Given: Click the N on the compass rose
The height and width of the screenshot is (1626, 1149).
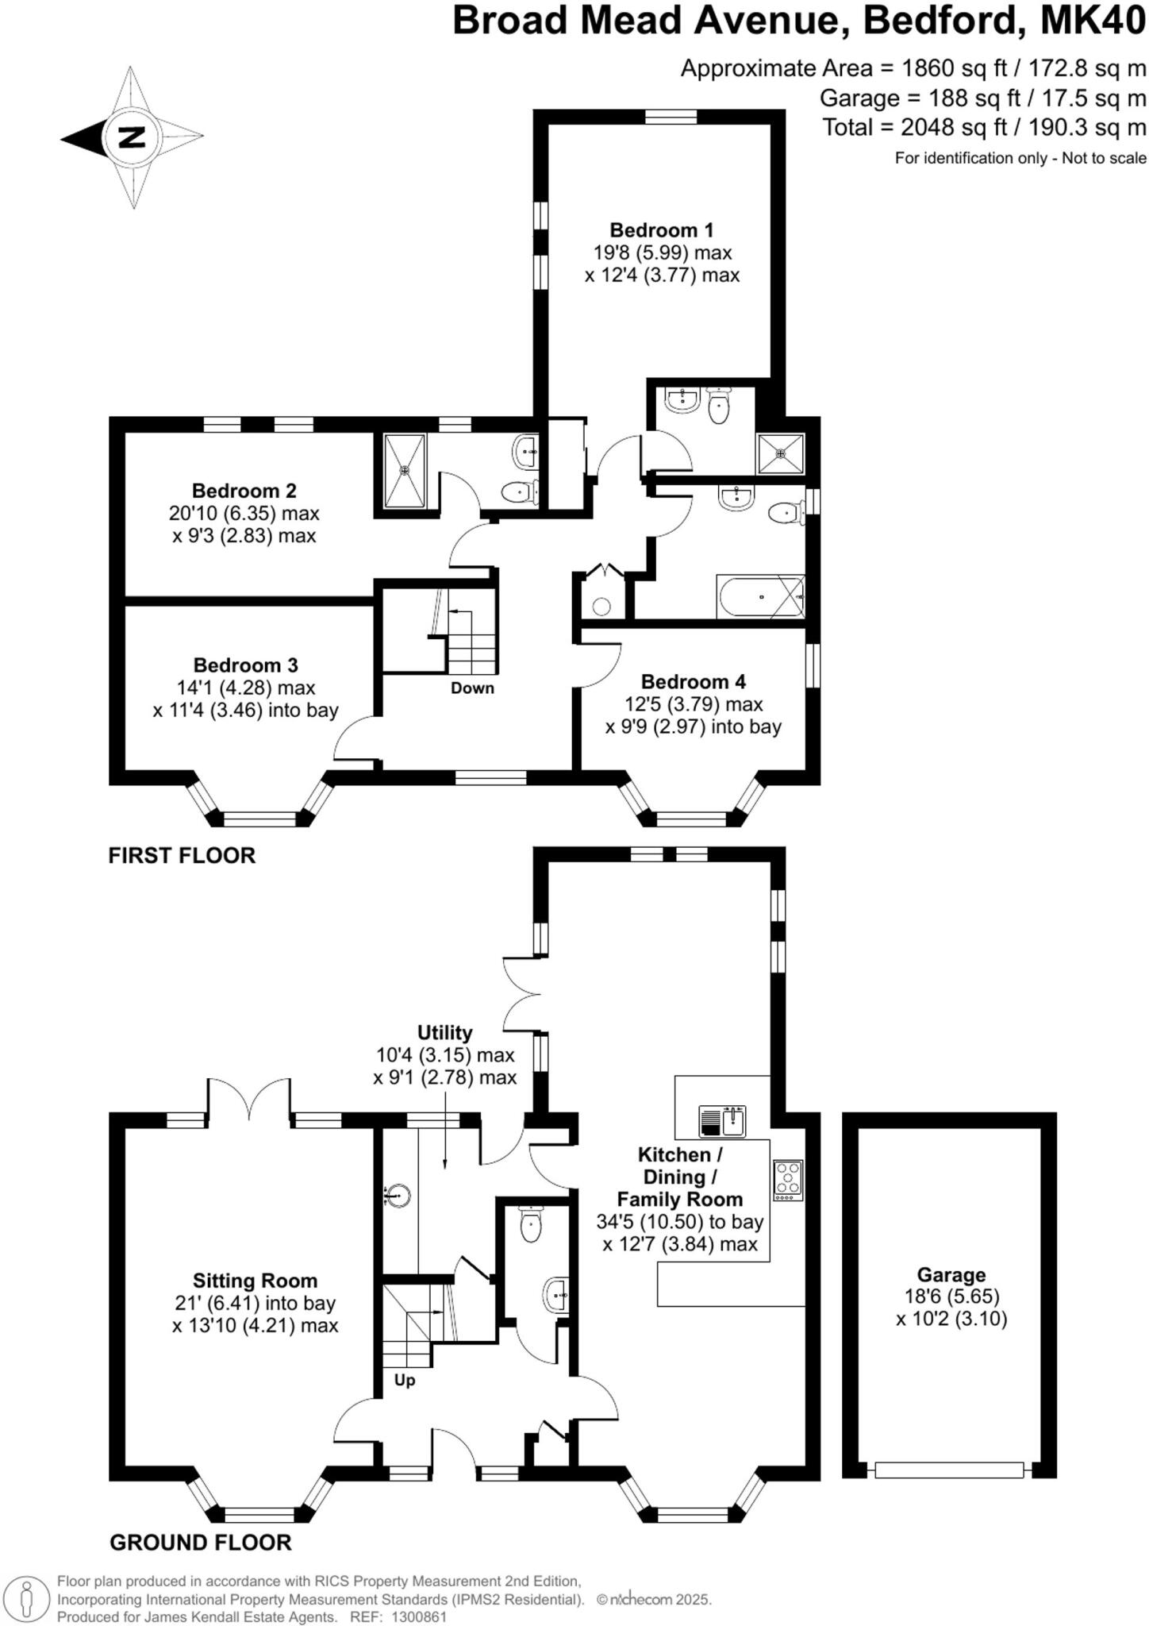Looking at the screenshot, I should click(132, 137).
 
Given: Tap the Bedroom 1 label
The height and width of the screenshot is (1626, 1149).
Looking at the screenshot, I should click(661, 230).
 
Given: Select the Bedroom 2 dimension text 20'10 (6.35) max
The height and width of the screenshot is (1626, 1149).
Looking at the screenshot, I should click(244, 514).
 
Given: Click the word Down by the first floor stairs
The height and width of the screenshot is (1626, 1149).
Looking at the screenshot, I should click(472, 688).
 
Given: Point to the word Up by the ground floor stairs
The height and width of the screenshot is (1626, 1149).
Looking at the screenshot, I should click(405, 1381).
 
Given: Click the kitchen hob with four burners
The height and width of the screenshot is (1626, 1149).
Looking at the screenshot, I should click(788, 1180).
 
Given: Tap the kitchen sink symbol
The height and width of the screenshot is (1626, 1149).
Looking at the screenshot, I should click(722, 1121).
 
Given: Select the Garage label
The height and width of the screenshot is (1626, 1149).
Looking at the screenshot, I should click(951, 1275).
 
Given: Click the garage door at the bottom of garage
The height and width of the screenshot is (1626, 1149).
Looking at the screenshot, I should click(949, 1470).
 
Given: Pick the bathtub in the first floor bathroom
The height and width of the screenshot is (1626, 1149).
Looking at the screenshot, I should click(759, 596).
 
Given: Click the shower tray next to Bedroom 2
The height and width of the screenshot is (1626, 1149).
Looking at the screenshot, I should click(405, 470).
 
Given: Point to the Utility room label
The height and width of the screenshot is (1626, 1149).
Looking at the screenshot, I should click(444, 1033).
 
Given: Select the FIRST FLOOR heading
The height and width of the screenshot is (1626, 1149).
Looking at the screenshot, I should click(182, 856).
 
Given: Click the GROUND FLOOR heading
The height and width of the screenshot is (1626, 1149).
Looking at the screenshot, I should click(200, 1543).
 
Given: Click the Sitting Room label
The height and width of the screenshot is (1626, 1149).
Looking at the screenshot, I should click(255, 1281).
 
